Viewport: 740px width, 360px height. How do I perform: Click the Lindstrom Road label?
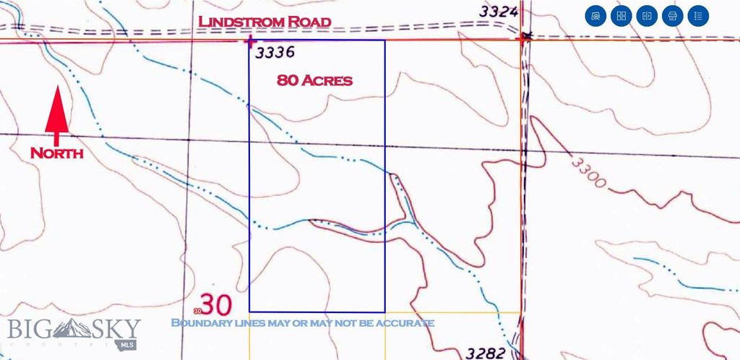(x=264, y=22)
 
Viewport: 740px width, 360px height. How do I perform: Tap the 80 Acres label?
(x=314, y=80)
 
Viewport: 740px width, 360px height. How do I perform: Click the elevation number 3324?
(x=499, y=12)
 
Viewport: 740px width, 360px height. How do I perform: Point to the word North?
(x=56, y=153)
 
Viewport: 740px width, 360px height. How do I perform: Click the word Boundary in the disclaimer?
(x=197, y=322)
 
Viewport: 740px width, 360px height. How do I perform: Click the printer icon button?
(x=673, y=15)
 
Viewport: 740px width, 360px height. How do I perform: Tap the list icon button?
(x=698, y=15)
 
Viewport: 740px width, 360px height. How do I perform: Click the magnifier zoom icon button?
(x=595, y=15)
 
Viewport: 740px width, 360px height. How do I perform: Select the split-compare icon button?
(x=647, y=15)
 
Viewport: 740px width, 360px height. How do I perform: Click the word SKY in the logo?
(x=116, y=328)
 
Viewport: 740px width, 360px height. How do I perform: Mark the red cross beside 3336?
(x=250, y=42)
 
